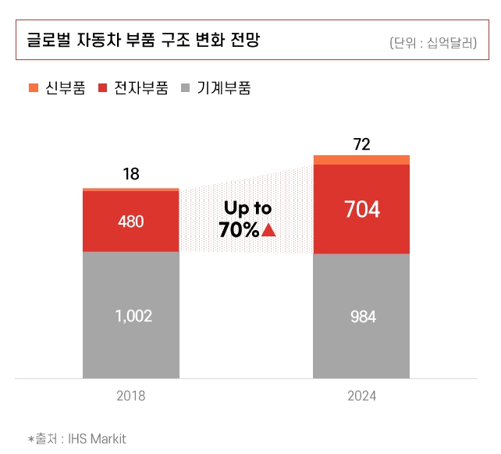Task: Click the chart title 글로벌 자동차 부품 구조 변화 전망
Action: [143, 39]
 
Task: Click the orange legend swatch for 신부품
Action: [33, 88]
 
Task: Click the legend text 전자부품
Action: [141, 88]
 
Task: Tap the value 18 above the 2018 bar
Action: [131, 174]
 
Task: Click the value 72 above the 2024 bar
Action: [361, 144]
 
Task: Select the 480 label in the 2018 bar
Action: [131, 222]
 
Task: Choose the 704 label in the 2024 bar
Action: [361, 210]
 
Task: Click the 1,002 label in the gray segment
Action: [131, 316]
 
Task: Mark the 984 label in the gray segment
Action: [362, 317]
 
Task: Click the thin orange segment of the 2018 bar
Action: [131, 190]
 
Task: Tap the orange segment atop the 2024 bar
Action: [361, 160]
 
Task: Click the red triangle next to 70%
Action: [269, 230]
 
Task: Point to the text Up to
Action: [247, 208]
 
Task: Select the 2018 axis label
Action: [131, 396]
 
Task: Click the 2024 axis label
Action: [362, 396]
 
